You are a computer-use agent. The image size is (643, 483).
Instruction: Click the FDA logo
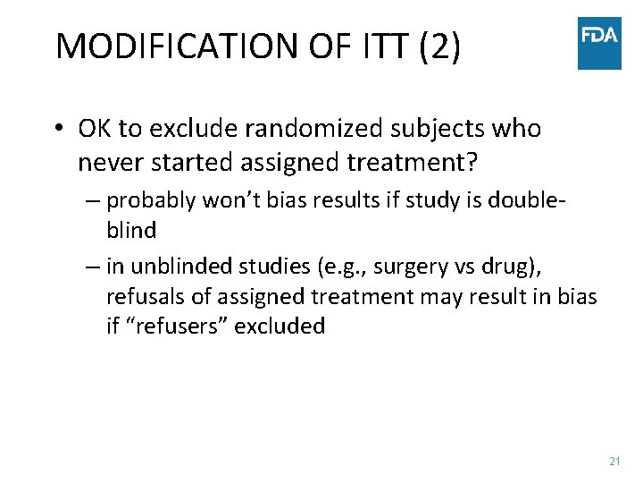[x=599, y=43]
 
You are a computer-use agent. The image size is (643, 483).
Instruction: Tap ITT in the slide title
[x=381, y=47]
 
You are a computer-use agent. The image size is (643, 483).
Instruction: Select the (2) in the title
[x=438, y=47]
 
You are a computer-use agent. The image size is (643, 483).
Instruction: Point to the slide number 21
[x=614, y=461]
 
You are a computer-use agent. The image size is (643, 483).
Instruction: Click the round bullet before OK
[x=57, y=129]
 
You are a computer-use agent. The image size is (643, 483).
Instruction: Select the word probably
[x=149, y=199]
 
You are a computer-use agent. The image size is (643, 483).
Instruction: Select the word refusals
[x=145, y=295]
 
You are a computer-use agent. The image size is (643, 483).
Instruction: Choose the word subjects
[x=442, y=129]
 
